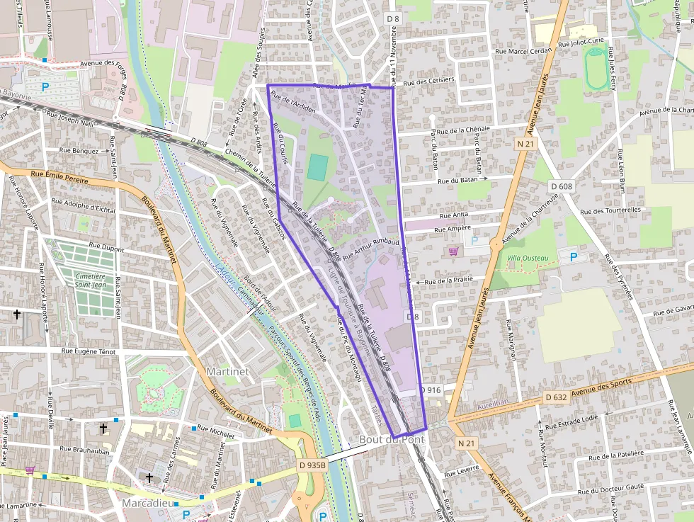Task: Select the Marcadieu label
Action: click(148, 502)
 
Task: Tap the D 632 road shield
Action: click(556, 397)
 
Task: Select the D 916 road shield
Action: click(431, 390)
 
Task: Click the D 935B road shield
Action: click(312, 465)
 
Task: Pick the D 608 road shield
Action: click(561, 186)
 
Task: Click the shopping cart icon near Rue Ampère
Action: click(453, 251)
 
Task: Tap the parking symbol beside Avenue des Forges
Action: click(46, 87)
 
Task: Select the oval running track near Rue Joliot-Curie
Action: click(596, 69)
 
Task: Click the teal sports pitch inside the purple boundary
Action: click(318, 167)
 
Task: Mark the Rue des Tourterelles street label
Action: click(610, 210)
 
